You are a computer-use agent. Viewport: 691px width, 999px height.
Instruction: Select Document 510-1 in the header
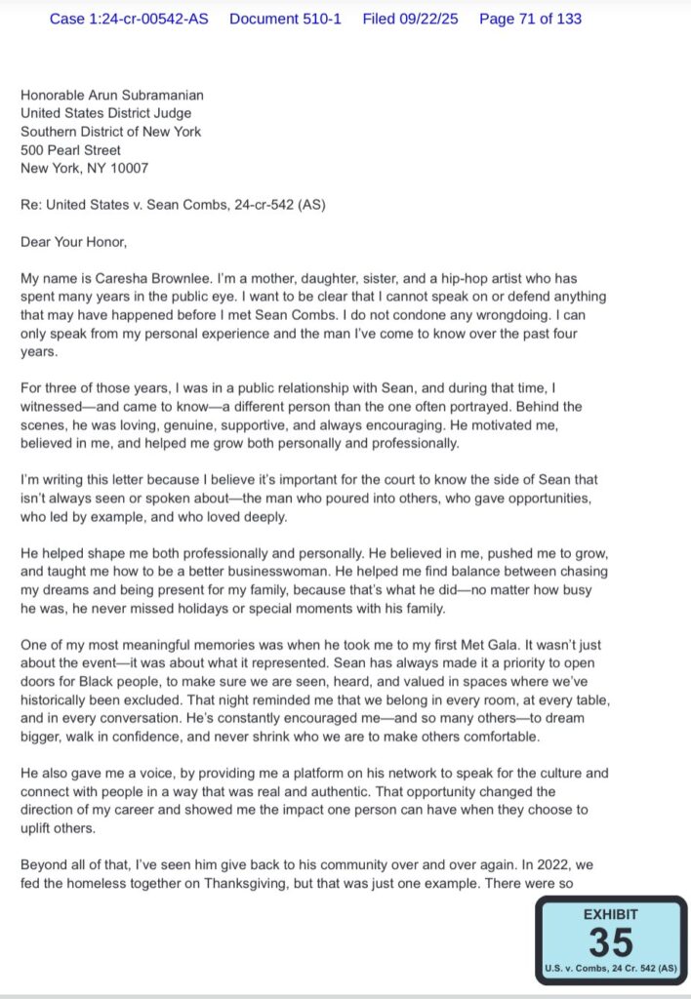coord(285,19)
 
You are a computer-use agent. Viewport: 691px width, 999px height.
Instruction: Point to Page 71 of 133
coord(530,19)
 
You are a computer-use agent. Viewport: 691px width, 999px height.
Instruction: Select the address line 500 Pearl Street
coord(71,150)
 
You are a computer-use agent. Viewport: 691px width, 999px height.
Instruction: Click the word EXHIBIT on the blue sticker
coord(610,914)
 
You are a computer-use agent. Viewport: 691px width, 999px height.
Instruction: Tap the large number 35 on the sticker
coord(610,941)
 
